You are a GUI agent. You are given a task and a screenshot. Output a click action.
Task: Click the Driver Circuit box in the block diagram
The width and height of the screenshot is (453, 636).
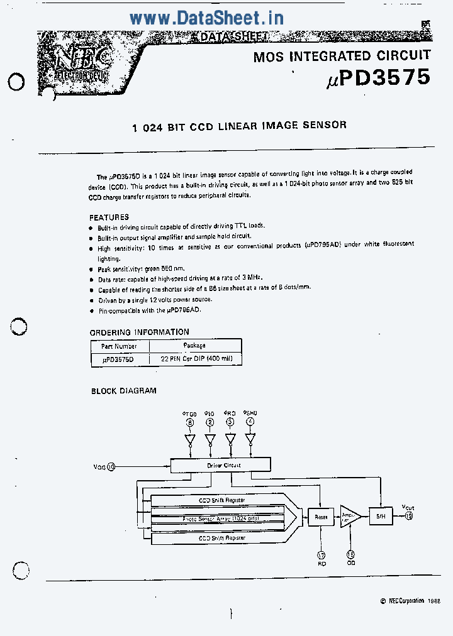point(220,466)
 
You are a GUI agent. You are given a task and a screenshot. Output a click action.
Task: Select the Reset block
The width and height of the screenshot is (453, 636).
point(320,517)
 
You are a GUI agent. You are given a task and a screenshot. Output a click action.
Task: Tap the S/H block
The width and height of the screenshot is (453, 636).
point(380,516)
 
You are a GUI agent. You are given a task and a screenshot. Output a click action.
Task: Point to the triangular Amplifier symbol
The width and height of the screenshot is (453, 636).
point(348,517)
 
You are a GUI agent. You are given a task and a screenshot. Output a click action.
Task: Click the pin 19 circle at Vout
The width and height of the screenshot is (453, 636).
point(409,516)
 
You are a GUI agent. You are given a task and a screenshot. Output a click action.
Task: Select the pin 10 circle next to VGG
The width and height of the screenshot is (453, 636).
point(111,466)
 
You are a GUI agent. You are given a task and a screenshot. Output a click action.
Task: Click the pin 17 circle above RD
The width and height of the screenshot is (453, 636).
point(322,555)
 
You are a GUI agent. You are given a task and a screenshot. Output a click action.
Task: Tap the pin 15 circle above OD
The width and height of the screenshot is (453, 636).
point(350,555)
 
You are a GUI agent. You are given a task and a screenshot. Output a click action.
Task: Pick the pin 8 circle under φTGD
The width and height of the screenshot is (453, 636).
point(190,422)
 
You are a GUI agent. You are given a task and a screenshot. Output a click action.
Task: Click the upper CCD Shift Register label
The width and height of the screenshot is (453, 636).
point(221,500)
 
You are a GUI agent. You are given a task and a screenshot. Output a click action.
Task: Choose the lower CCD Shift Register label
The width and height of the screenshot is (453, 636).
point(221,538)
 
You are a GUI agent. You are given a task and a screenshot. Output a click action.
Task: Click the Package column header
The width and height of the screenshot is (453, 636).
point(194,346)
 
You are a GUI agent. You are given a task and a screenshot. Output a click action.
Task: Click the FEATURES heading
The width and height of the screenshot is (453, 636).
point(109,217)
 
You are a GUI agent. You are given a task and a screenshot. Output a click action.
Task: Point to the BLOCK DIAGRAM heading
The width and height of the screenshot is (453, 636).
point(124,391)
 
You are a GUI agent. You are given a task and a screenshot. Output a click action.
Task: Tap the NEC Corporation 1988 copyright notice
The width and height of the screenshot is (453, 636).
point(410,601)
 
